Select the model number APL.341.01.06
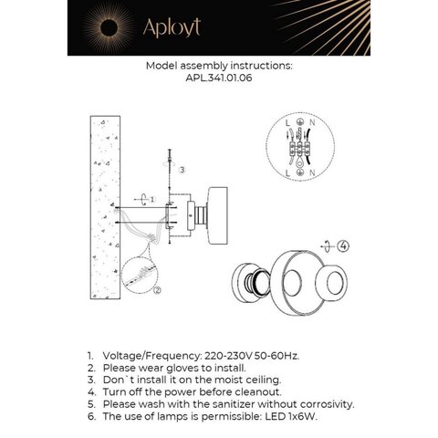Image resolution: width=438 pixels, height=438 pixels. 219,79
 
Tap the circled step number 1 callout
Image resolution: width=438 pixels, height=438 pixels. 152,198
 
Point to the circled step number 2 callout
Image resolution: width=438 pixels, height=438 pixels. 156,290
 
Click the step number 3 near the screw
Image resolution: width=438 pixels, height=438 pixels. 183,170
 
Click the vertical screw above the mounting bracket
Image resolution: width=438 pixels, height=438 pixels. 171,173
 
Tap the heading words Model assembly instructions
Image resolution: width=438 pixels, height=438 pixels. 218,67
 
